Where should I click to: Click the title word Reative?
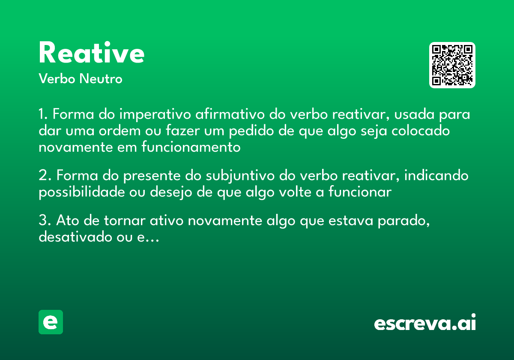(91, 53)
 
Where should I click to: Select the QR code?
(452, 65)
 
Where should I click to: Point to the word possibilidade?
(82, 192)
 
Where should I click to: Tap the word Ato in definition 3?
(66, 221)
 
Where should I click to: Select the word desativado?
(72, 237)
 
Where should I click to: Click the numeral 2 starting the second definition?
(42, 176)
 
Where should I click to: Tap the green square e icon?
(51, 322)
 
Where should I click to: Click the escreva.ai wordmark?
(425, 323)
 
